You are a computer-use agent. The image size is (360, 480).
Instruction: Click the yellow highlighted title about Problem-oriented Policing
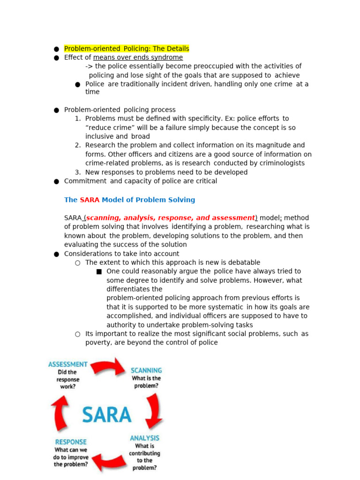click(127, 49)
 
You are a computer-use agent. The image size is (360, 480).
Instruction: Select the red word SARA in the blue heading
click(90, 200)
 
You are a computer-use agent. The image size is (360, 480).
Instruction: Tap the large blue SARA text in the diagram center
click(107, 415)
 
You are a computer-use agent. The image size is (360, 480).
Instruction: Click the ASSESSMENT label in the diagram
click(68, 364)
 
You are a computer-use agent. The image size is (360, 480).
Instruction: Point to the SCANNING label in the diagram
click(146, 370)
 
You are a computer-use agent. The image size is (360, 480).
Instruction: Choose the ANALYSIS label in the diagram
click(144, 438)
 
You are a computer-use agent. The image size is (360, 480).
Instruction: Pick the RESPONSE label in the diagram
click(71, 442)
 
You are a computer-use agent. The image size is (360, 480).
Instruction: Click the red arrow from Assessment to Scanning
click(107, 367)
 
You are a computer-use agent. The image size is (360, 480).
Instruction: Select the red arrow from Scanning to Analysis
click(153, 410)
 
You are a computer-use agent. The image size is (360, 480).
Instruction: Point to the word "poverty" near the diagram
click(98, 343)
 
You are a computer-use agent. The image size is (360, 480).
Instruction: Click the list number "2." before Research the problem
click(78, 145)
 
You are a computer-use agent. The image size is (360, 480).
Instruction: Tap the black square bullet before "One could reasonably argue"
click(99, 272)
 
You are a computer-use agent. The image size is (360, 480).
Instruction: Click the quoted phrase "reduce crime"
click(106, 128)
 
